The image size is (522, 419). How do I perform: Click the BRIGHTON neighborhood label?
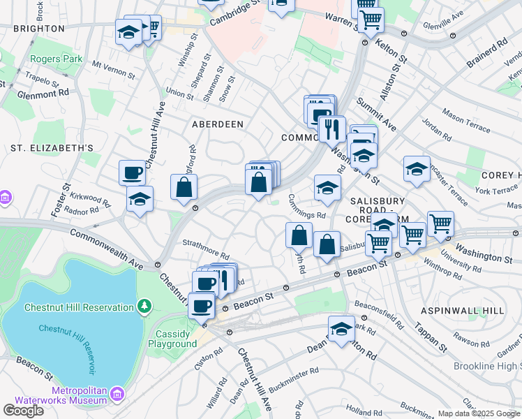(x=38, y=29)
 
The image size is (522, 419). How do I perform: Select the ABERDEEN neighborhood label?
(x=218, y=124)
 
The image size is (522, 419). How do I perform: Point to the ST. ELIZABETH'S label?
(x=52, y=148)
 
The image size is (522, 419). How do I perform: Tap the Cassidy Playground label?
(x=176, y=339)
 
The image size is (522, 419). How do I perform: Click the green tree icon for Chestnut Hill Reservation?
(x=144, y=307)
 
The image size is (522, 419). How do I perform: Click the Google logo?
(x=23, y=411)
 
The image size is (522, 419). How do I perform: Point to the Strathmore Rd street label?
(x=206, y=249)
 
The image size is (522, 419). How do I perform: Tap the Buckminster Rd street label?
(x=294, y=378)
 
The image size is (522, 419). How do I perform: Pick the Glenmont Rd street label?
(x=43, y=92)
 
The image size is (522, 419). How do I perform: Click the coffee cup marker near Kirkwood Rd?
(x=132, y=172)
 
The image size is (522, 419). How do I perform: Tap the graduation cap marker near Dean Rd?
(x=341, y=329)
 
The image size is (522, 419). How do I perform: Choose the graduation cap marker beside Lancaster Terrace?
(x=417, y=169)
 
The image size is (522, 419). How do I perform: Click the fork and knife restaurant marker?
(x=332, y=128)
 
